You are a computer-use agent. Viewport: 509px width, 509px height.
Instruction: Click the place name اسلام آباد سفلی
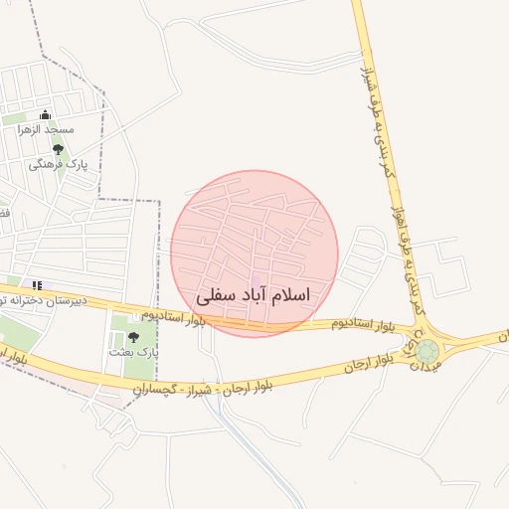254,295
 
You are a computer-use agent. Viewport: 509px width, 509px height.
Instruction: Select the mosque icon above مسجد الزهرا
45,115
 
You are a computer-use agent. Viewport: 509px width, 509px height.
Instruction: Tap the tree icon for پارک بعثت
133,337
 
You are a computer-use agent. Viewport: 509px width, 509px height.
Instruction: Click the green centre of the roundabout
427,350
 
